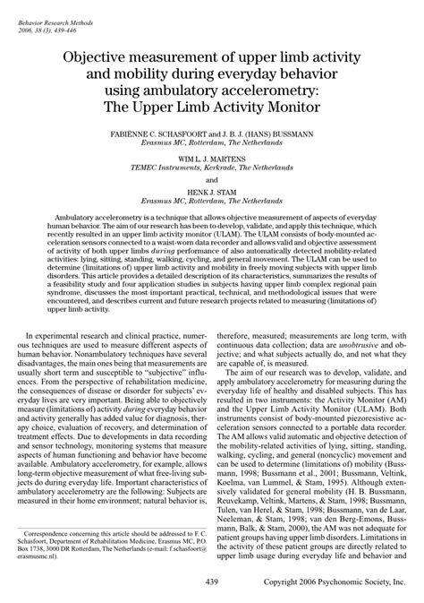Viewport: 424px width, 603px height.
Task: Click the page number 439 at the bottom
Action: point(211,581)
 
